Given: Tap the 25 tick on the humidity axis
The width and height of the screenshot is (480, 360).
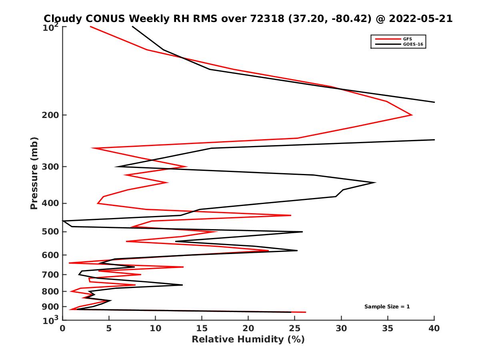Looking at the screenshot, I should pyautogui.click(x=295, y=328).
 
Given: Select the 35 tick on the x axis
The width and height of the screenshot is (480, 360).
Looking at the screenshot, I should pyautogui.click(x=388, y=328).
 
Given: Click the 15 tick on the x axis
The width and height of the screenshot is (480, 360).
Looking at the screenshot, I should pyautogui.click(x=202, y=328).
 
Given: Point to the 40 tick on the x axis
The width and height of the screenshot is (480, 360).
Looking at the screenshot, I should pyautogui.click(x=434, y=328).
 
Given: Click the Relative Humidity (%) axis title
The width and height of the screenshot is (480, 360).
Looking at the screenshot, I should pyautogui.click(x=248, y=340).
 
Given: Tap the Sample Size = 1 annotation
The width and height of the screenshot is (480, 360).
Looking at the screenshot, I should pyautogui.click(x=387, y=306).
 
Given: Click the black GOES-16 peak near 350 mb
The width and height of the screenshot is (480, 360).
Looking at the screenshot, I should pyautogui.click(x=375, y=182).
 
